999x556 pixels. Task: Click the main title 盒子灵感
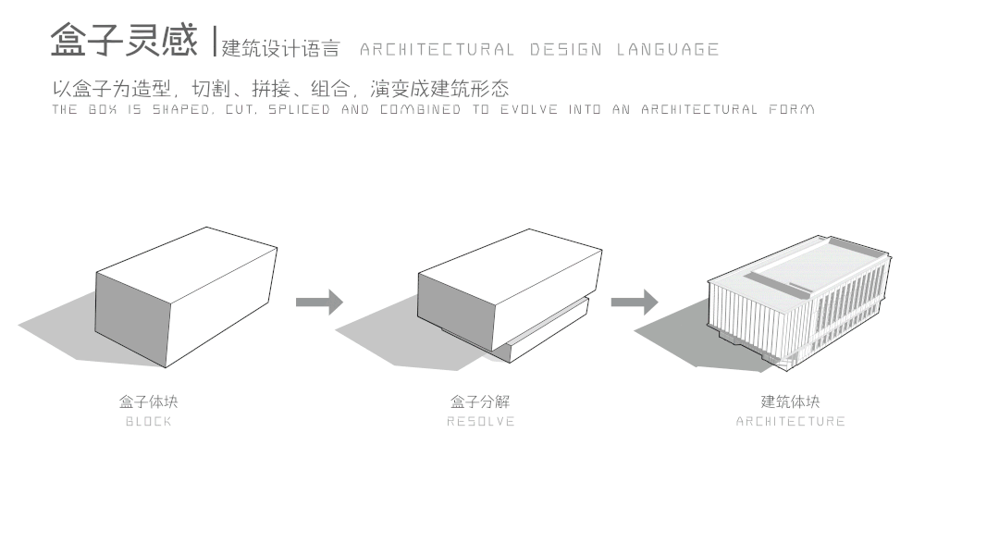point(123,41)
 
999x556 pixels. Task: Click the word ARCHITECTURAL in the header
point(437,49)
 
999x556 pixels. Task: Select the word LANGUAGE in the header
point(668,49)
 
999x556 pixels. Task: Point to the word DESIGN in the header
point(565,49)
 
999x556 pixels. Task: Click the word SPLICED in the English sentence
point(300,110)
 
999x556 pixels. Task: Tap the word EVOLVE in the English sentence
point(530,110)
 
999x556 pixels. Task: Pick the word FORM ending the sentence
point(791,110)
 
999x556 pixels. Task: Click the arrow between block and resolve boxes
point(319,302)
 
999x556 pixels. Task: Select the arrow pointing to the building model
point(635,302)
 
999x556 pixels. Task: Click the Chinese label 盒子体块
point(148,402)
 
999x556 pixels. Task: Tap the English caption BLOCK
point(148,422)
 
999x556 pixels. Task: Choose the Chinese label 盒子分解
point(480,402)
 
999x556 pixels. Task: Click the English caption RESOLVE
point(480,422)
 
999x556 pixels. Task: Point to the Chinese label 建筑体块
point(790,402)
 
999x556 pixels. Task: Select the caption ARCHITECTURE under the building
point(790,422)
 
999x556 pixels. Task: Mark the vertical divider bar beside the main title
point(215,41)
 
